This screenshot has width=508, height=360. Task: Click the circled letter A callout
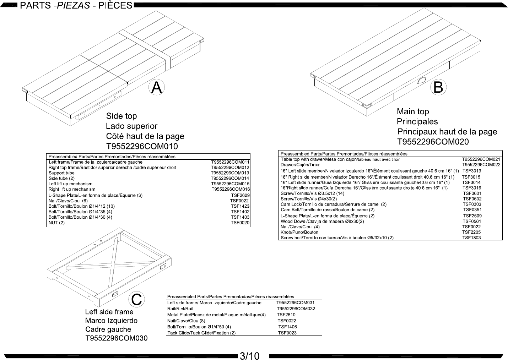coord(156,87)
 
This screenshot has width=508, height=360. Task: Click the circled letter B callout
coord(438,87)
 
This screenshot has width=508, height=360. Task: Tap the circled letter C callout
coord(136,299)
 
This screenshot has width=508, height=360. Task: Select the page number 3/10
coord(250,356)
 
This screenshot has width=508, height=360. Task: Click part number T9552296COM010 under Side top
coord(142,146)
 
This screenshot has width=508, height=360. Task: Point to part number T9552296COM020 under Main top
coord(433,142)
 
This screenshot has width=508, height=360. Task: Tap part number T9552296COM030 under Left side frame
coord(116,338)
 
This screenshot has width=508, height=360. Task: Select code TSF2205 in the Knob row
coord(471,232)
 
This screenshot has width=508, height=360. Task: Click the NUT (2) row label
coord(56,223)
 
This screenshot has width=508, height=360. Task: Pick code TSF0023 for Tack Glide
coord(287,333)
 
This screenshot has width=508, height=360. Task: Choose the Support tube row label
coord(61,173)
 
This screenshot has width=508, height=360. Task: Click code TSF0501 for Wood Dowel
coord(472,221)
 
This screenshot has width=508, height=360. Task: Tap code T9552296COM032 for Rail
coord(296,309)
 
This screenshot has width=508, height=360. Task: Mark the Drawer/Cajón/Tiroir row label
coord(300,165)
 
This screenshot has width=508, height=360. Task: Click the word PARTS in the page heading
coord(36,5)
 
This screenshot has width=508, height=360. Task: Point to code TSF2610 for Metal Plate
coord(286,315)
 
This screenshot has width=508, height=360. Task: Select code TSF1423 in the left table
coord(240,206)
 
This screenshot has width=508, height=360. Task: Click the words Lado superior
coord(131,126)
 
